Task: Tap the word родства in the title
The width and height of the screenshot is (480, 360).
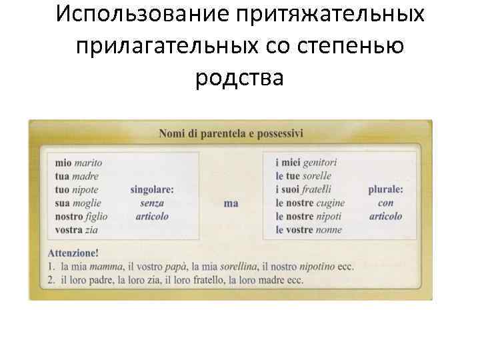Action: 240,77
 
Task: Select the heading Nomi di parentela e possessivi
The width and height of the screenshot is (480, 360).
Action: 231,133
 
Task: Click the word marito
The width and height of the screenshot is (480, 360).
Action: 88,162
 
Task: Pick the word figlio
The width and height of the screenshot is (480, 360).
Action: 97,216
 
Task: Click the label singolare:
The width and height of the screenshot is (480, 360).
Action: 152,189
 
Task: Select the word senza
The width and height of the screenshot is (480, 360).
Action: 152,203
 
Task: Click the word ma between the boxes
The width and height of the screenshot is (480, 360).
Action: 231,203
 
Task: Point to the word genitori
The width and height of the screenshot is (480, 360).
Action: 320,162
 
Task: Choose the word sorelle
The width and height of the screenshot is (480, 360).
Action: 317,176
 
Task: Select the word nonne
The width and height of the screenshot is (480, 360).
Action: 327,230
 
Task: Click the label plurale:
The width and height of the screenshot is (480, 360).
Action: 385,189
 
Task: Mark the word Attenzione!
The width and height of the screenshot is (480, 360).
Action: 73,253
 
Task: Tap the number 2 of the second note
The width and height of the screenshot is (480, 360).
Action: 51,280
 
